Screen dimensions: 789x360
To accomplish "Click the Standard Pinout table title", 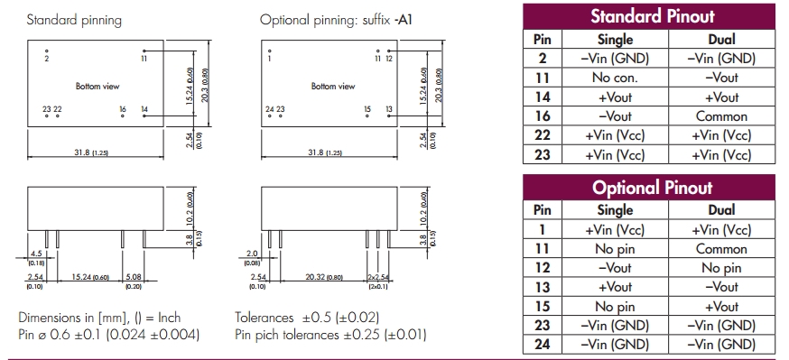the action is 652,16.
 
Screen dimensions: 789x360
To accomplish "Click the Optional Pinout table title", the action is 652,188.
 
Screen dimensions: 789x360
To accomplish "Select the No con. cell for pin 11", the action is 615,78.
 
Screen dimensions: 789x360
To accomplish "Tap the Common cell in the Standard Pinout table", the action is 721,116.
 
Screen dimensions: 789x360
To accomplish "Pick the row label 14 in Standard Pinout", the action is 542,97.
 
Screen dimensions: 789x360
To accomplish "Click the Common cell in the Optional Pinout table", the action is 721,249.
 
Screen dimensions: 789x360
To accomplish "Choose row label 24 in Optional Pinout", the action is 542,345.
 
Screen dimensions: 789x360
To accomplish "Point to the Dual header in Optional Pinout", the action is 721,209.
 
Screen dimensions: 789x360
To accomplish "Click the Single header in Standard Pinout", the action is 615,39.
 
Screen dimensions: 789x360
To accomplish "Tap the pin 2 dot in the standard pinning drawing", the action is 47,51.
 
